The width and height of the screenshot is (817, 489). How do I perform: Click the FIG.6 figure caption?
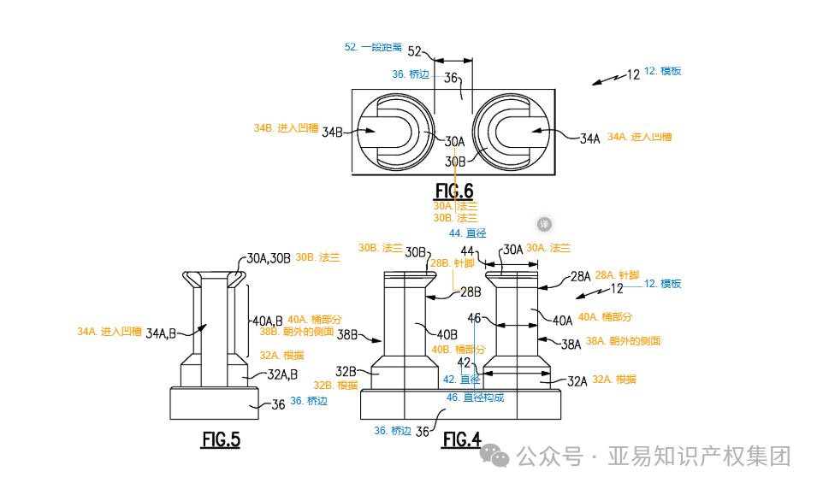[453, 190]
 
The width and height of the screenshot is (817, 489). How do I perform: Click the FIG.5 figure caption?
[221, 440]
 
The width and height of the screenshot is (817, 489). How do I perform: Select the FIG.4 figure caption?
[461, 440]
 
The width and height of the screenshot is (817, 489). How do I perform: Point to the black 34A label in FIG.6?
[590, 138]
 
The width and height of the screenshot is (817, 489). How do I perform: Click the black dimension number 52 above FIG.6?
[415, 51]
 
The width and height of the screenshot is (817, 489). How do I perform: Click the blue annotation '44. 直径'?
[467, 233]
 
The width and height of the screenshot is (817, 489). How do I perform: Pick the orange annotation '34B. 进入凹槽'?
[286, 128]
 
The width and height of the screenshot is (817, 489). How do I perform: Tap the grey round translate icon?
[544, 224]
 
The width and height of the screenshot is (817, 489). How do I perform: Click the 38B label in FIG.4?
[347, 335]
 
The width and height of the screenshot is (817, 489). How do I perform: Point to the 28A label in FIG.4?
[580, 276]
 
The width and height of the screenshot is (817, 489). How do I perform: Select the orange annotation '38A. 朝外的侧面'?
[623, 341]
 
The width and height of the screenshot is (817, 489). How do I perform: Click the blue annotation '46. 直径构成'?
[475, 397]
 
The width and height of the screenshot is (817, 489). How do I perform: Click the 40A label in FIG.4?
[562, 321]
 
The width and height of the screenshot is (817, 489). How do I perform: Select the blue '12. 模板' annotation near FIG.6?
[662, 71]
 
